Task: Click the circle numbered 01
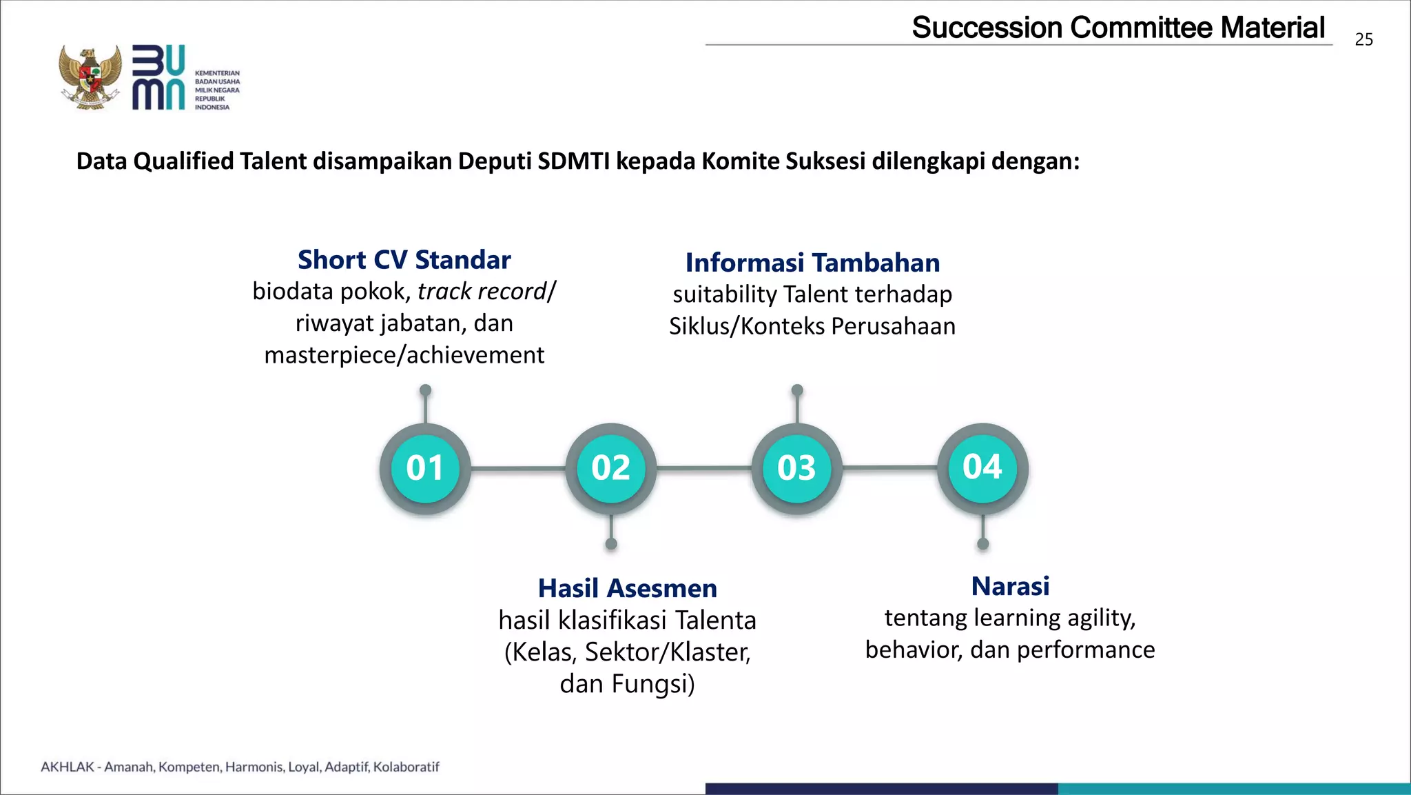pyautogui.click(x=425, y=468)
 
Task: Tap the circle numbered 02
pyautogui.click(x=611, y=468)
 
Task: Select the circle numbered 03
pyautogui.click(x=797, y=468)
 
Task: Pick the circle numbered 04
pyautogui.click(x=982, y=467)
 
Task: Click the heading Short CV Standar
pyautogui.click(x=404, y=260)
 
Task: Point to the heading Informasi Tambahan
pyautogui.click(x=812, y=263)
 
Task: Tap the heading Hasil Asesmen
pyautogui.click(x=627, y=588)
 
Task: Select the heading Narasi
pyautogui.click(x=1010, y=586)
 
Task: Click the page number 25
pyautogui.click(x=1363, y=40)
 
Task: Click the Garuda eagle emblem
pyautogui.click(x=90, y=77)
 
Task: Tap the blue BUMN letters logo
pyautogui.click(x=158, y=77)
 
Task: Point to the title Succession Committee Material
pyautogui.click(x=1118, y=28)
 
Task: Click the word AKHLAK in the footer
pyautogui.click(x=67, y=767)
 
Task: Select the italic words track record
pyautogui.click(x=482, y=292)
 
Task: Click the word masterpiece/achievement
pyautogui.click(x=404, y=355)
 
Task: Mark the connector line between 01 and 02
pyautogui.click(x=518, y=469)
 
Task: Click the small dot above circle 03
pyautogui.click(x=797, y=390)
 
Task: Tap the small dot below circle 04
pyautogui.click(x=982, y=544)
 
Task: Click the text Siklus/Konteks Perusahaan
pyautogui.click(x=812, y=326)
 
